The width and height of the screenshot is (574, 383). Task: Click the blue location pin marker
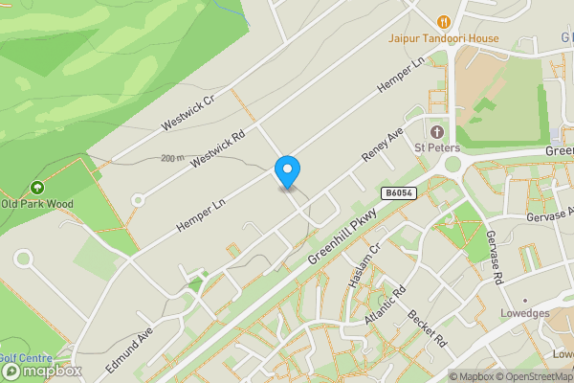(287, 170)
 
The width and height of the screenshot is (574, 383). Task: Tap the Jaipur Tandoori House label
(444, 38)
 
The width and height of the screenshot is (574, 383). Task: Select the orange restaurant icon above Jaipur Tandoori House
(443, 21)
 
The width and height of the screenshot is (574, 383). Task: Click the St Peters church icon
(437, 131)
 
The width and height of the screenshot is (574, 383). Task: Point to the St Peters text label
(436, 147)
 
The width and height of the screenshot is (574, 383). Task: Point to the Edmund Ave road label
(129, 350)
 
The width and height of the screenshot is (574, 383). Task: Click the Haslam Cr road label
(363, 261)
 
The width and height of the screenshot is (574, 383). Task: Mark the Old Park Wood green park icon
(36, 187)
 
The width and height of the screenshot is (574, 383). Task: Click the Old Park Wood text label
(36, 203)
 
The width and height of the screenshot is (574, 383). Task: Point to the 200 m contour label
(173, 158)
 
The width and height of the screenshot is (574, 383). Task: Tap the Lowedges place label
(524, 313)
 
